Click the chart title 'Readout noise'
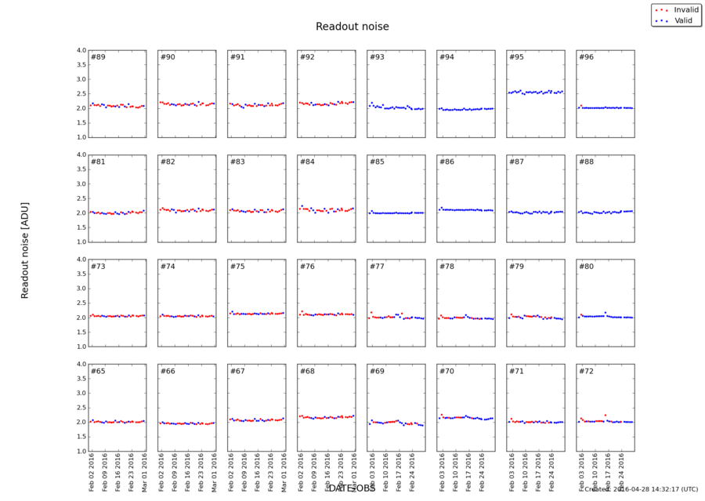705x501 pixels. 352,27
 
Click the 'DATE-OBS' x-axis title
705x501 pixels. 352,488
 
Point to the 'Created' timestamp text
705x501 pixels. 641,489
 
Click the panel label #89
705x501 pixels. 98,57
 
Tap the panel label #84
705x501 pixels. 307,162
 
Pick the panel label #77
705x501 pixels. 377,267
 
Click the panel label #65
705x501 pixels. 98,371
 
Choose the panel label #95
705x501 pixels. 516,57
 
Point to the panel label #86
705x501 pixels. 446,162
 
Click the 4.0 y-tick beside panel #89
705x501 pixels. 81,51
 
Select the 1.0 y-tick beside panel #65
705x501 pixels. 81,452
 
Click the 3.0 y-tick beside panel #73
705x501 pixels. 81,289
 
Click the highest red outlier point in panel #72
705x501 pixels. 605,415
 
